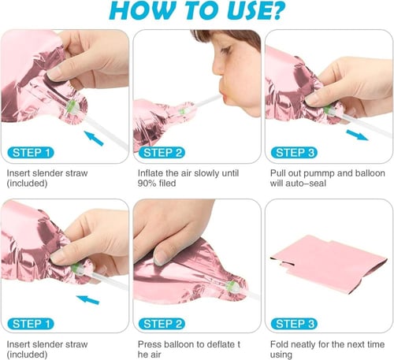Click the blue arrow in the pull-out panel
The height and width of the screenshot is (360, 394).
(357, 135)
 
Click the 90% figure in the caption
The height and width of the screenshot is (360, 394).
(147, 184)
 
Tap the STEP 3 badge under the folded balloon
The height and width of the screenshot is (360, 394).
(294, 324)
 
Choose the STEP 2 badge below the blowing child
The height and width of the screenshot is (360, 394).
(162, 153)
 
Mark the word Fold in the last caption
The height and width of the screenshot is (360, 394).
(280, 344)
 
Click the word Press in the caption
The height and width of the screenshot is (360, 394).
(149, 344)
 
